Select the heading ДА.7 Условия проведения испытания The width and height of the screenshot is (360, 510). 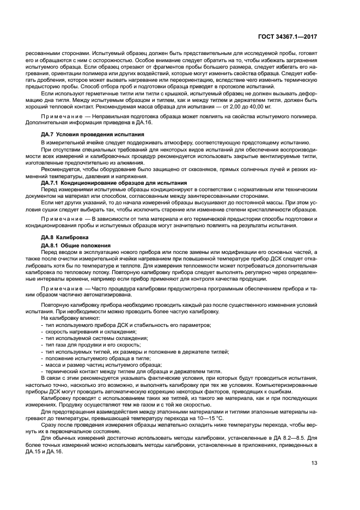tap(93, 134)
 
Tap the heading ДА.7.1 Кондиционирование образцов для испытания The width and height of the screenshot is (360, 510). tap(114, 183)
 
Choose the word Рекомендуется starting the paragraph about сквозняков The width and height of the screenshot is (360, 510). tap(58, 169)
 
